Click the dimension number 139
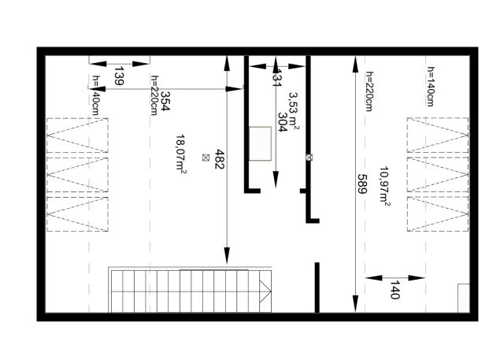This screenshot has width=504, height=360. pos(119,76)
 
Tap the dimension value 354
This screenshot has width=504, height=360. pos(165,101)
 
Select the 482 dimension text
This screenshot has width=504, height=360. pos(219,159)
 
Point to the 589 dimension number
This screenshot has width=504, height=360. pos(362,184)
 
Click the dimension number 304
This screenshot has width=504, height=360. pos(282,122)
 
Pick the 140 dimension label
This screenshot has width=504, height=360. pos(395,290)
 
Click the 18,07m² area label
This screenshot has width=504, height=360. pos(181,154)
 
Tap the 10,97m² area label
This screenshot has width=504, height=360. pos(384,186)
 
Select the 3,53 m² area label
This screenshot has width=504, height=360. pos(294,111)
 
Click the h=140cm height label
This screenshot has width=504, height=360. pos(431,87)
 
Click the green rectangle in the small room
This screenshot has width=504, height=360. pos(260,143)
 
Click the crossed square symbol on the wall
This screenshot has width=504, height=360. pos(309,158)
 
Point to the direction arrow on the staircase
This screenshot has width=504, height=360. pos(265,291)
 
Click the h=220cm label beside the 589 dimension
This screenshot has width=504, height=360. pos(369,91)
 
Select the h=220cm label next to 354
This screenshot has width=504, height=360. pos(154,95)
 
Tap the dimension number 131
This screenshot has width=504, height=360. pos(276,78)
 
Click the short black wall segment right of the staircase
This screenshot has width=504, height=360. pos(317,288)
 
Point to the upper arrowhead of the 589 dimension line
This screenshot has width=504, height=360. pos(355,64)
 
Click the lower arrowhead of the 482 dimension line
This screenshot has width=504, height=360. pos(228,256)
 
